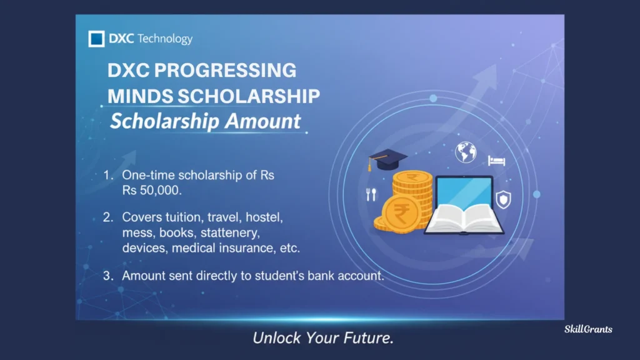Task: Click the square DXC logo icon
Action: click(x=97, y=39)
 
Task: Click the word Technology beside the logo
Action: click(x=165, y=39)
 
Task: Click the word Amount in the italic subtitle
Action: click(x=263, y=121)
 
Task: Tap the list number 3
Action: click(x=107, y=275)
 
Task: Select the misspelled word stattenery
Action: click(x=223, y=232)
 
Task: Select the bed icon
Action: click(x=497, y=161)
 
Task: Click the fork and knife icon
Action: click(x=371, y=194)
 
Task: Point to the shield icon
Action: click(x=503, y=200)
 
